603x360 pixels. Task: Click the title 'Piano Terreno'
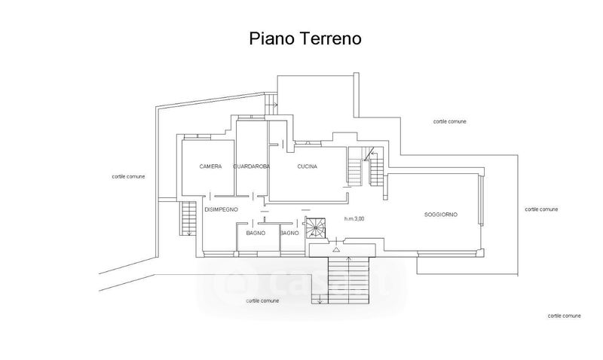pos(306,38)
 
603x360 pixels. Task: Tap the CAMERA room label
pos(210,166)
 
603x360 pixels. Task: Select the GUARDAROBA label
pos(252,166)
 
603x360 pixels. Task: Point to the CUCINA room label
pos(307,166)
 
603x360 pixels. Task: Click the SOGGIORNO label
pos(441,215)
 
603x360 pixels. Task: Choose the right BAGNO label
pos(290,233)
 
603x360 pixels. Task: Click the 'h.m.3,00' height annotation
pos(354,219)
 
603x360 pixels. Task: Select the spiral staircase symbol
pos(314,227)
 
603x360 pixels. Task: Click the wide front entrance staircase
pos(348,279)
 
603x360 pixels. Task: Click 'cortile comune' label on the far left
pos(128,176)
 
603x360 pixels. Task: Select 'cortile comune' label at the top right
pos(450,121)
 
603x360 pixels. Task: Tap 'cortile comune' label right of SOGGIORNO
pos(542,209)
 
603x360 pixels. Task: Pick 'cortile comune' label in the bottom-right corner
pos(564,315)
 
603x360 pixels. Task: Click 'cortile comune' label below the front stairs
pos(262,301)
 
